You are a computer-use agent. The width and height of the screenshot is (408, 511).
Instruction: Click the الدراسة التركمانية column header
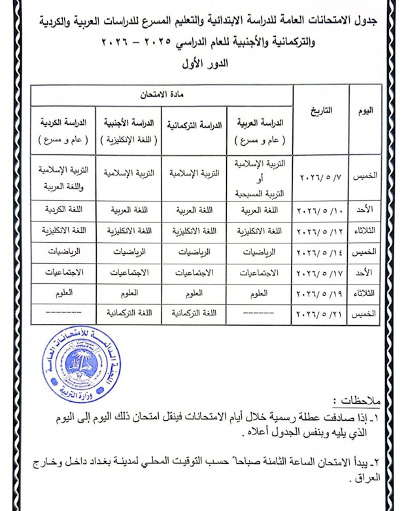click(x=194, y=124)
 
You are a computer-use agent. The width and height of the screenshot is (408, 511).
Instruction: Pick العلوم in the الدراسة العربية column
click(x=260, y=294)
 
